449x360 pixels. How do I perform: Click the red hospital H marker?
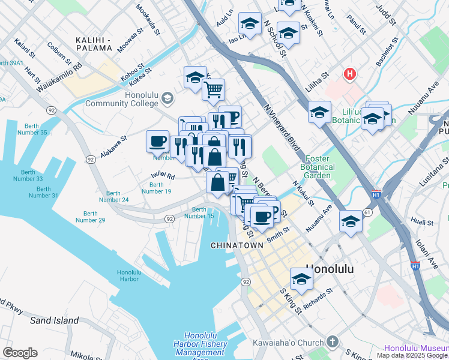pos(349,74)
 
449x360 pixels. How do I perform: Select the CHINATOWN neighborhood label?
pos(237,245)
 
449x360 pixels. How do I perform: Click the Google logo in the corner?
pos(19,353)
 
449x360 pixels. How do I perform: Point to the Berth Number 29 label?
pos(90,217)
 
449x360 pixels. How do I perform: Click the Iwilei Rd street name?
pos(162,176)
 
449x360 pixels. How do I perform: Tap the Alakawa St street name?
pos(113,146)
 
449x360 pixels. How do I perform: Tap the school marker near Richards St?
pos(301,279)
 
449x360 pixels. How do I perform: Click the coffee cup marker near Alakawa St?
pos(157,142)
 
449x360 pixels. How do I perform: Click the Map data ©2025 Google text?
pos(412,355)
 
